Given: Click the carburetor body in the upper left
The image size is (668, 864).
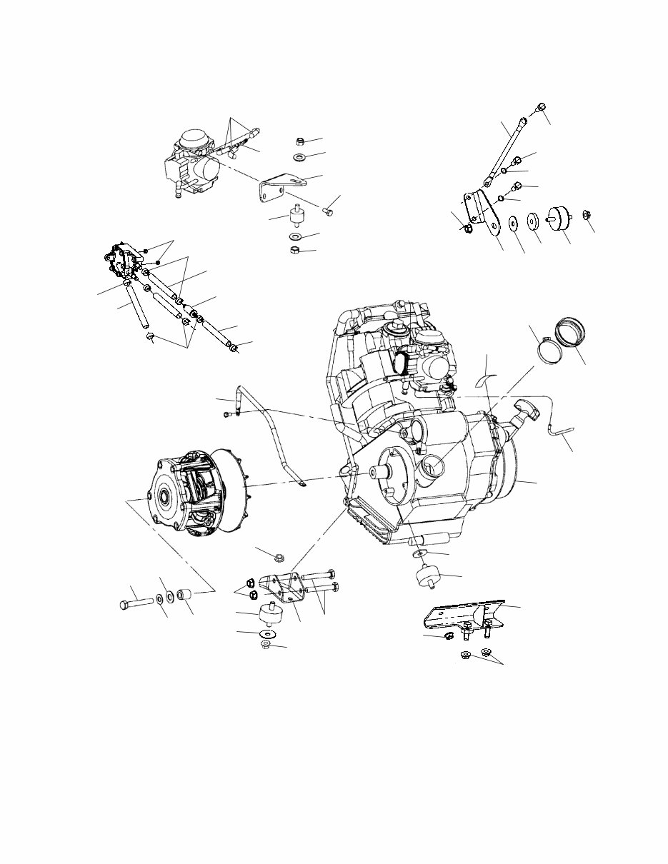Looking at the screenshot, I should coord(191,163).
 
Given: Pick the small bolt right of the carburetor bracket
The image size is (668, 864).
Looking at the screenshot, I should coord(329,210).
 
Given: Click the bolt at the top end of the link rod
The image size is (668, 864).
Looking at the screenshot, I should coord(541,107).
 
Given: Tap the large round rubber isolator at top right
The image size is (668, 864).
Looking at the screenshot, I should coord(557,219).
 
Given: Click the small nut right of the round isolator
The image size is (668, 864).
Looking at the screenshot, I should coord(586,215).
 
